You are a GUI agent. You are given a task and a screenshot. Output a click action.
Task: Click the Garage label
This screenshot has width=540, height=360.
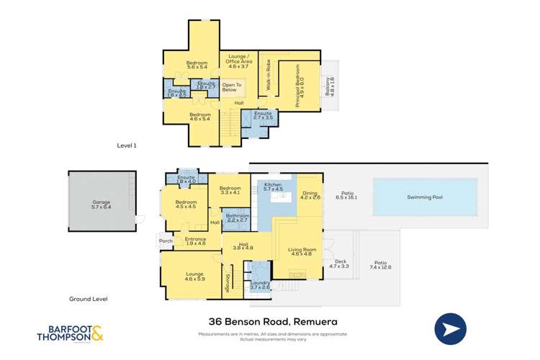[101, 204]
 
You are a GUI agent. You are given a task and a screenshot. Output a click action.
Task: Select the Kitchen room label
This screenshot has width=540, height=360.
[273, 187]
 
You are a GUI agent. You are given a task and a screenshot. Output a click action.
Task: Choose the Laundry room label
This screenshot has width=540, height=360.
[259, 285]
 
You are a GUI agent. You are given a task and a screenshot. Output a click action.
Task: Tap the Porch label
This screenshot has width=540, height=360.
[164, 241]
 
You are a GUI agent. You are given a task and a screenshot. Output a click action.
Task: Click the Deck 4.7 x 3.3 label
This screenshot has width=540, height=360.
[338, 264]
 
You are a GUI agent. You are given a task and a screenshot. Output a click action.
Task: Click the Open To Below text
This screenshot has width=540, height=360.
[229, 87]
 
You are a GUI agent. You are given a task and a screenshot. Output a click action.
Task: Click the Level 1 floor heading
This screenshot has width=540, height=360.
[127, 145]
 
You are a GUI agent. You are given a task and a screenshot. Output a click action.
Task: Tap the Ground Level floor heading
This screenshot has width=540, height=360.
[88, 299]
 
